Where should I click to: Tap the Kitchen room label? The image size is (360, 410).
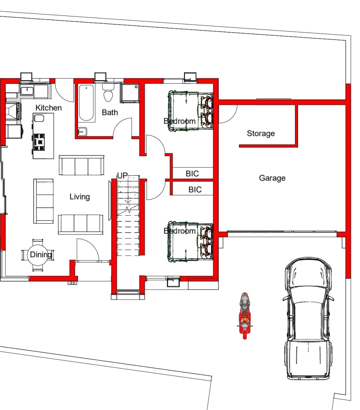(x=49, y=108)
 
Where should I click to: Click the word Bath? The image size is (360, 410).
(x=110, y=112)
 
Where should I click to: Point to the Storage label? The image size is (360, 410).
(x=261, y=133)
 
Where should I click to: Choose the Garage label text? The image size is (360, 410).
(x=272, y=178)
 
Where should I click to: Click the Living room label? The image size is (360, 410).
(x=80, y=197)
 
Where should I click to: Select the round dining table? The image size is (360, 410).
(x=38, y=255)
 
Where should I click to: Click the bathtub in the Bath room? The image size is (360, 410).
(x=86, y=103)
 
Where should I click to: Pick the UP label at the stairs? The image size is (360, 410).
(x=122, y=176)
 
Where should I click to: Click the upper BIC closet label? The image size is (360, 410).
(x=192, y=174)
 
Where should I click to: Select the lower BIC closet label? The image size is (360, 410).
(x=195, y=190)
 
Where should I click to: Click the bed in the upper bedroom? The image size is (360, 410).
(x=190, y=111)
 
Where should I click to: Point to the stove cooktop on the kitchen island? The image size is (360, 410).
(x=39, y=142)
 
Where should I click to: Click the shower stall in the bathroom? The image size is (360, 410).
(x=130, y=94)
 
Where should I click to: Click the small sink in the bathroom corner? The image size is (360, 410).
(x=82, y=131)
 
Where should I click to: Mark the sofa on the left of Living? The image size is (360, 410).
(x=44, y=201)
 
